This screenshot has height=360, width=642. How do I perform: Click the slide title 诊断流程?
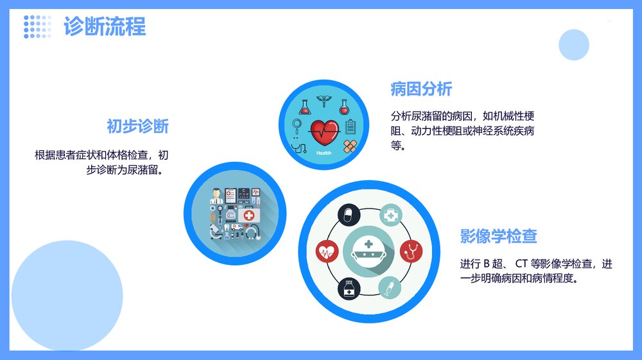point(105,26)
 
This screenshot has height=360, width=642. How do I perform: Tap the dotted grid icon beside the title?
point(37,26)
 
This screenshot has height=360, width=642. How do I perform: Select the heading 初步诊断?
point(137,126)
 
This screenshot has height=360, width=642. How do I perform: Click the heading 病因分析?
point(421,89)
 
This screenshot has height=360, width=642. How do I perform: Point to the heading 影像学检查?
point(498,236)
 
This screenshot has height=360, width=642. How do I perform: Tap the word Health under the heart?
point(324,153)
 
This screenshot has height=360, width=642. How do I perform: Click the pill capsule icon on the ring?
point(349,214)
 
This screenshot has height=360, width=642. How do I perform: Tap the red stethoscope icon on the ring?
point(411,251)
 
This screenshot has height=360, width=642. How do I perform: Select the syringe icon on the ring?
point(389,287)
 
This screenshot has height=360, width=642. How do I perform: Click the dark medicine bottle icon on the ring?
point(349,288)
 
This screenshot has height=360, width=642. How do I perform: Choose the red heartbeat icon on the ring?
point(327,251)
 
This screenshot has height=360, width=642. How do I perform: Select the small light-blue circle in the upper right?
point(573,45)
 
